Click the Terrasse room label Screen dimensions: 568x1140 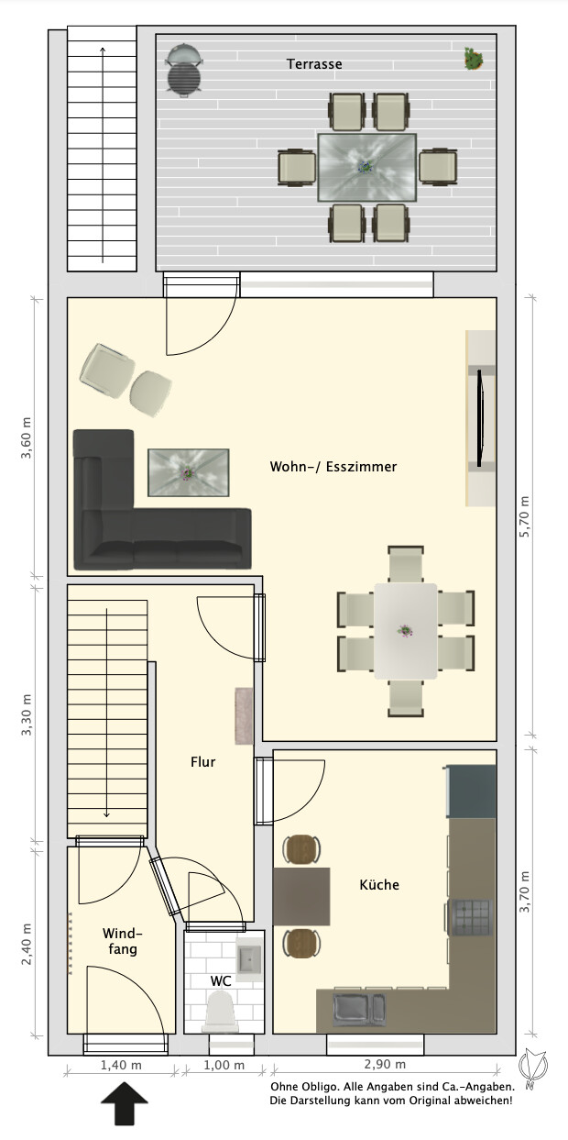coord(313,63)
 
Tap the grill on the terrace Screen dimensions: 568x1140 coord(183,69)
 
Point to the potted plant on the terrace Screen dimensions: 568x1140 coord(474,59)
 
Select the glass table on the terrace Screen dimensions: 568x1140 coord(367,168)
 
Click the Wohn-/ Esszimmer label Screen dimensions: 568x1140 coord(333,466)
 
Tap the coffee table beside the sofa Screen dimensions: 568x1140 coord(188,472)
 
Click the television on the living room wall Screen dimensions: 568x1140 coord(480,418)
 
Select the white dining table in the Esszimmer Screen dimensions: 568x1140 coord(406,631)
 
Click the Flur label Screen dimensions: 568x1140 coord(202,762)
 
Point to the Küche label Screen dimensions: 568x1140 coord(379,884)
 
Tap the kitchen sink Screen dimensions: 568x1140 coord(359,1009)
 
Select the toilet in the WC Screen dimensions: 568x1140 coord(220,1010)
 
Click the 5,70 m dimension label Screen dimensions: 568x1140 coord(524,516)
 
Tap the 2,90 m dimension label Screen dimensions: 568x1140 coord(385,1064)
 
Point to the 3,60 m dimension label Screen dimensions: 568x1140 coord(26,437)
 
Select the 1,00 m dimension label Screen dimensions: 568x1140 coord(224,1065)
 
